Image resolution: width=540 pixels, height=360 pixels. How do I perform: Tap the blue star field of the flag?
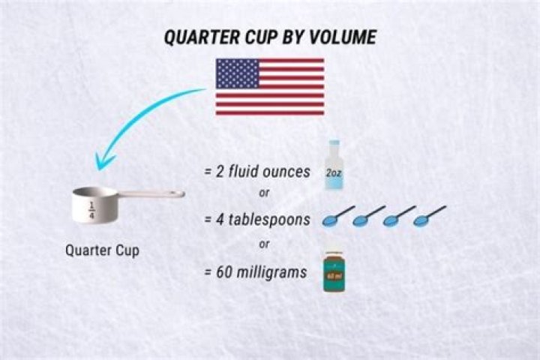[237, 73]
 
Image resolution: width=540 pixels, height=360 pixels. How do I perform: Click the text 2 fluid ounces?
[256, 172]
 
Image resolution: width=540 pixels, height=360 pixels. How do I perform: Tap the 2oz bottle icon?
[333, 166]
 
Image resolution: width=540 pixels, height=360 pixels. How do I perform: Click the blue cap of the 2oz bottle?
[333, 144]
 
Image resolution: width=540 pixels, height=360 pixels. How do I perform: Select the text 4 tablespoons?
[256, 220]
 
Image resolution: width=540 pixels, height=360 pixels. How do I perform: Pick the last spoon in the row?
[430, 216]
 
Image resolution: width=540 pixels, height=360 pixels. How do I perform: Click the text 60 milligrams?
[255, 272]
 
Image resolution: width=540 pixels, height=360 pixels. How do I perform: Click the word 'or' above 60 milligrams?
[263, 244]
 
